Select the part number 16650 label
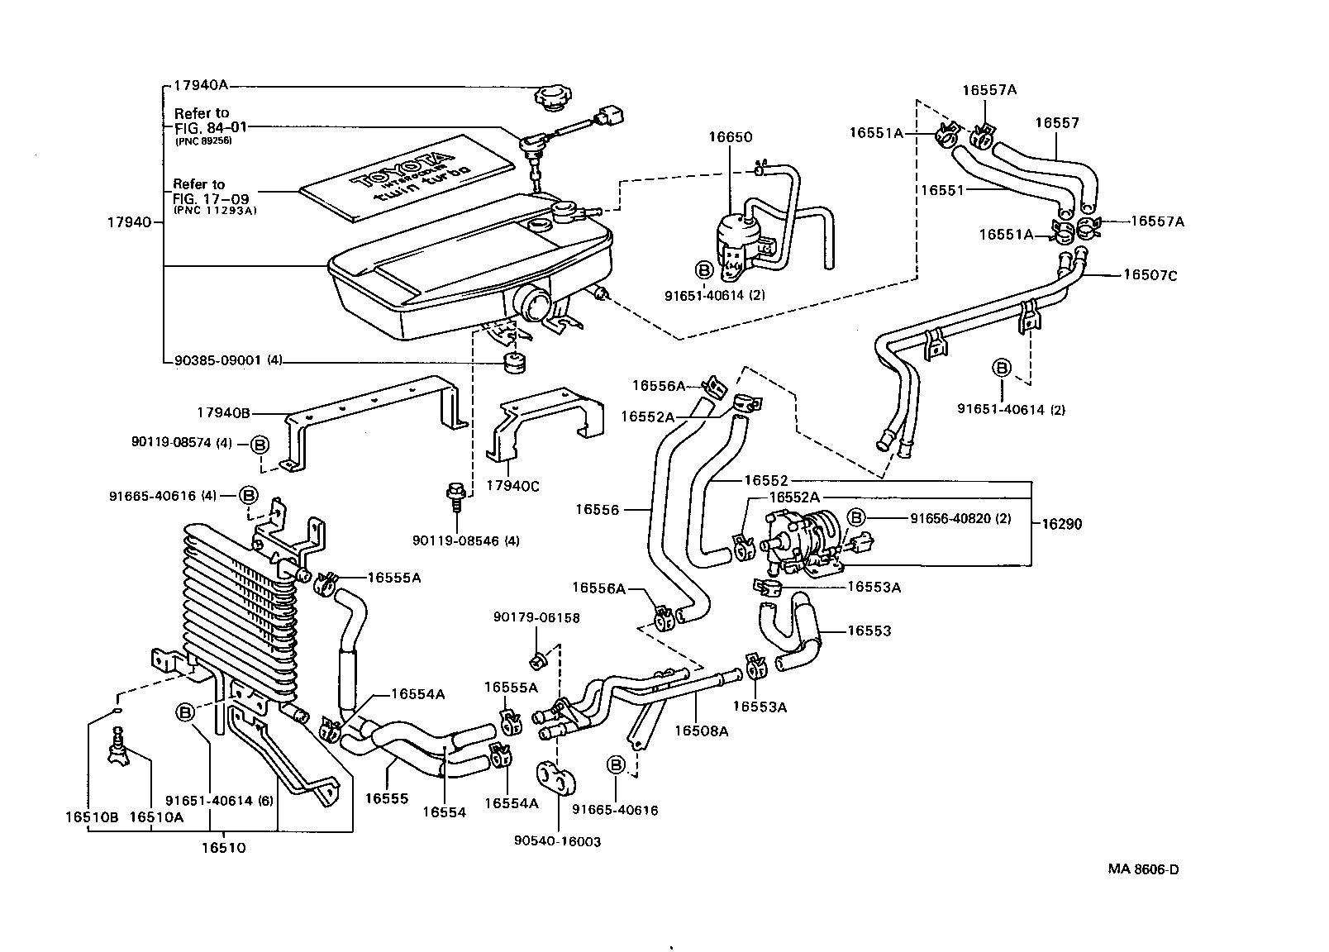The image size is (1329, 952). point(730,137)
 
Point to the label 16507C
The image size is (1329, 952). point(1149,275)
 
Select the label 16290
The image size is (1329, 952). point(1061,524)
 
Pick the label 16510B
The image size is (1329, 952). point(92,817)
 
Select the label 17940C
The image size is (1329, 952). point(512,487)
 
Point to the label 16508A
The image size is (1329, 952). point(701,731)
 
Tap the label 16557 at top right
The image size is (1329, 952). point(1057,123)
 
